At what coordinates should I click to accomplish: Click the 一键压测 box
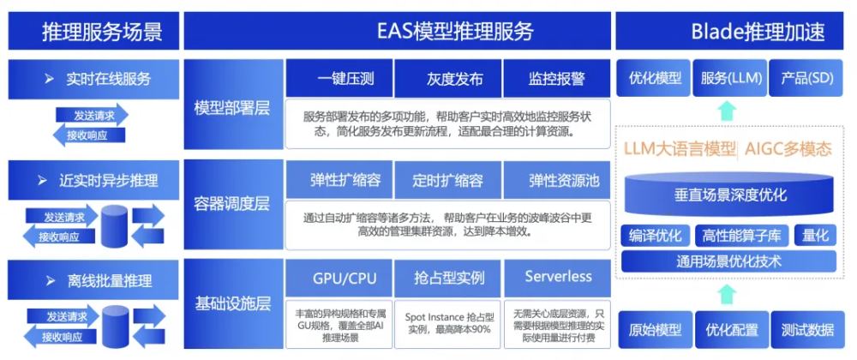(339, 78)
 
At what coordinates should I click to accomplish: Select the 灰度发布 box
(447, 78)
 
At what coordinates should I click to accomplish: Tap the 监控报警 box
(556, 78)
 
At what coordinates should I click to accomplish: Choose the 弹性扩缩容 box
(339, 180)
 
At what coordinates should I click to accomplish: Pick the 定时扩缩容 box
(447, 180)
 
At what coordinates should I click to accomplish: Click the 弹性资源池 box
(556, 180)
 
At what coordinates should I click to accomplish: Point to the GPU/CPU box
(339, 278)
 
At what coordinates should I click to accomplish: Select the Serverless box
(557, 278)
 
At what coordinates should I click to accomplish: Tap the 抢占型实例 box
(447, 278)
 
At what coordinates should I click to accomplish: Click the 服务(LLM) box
(731, 78)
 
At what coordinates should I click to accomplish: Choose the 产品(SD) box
(806, 78)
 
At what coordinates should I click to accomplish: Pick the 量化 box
(816, 236)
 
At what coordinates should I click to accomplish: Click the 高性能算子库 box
(742, 236)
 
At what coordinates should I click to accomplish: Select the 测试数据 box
(807, 330)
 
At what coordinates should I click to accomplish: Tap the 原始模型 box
(655, 330)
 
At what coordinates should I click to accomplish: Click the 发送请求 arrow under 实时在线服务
(92, 115)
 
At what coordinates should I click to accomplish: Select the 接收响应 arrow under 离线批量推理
(61, 337)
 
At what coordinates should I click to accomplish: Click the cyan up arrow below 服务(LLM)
(727, 111)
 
